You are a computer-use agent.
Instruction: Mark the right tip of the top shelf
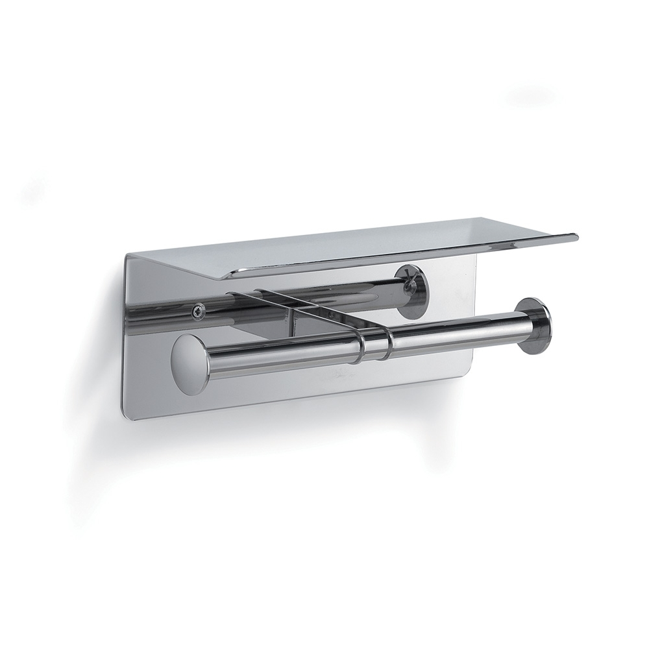(x=575, y=236)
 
